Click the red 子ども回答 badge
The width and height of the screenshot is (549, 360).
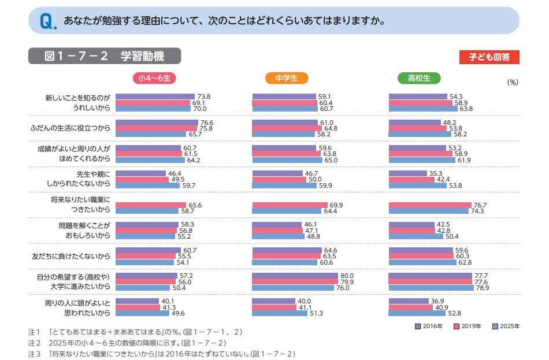tap(489, 57)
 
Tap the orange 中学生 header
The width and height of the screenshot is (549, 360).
tap(287, 78)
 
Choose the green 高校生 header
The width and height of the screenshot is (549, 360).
tap(420, 78)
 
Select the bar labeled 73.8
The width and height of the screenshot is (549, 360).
tap(155, 97)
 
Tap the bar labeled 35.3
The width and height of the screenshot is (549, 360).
tap(407, 173)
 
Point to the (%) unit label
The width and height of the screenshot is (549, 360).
tap(513, 82)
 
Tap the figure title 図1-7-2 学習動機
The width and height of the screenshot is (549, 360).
tap(105, 56)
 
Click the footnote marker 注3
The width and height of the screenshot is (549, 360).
tap(34, 353)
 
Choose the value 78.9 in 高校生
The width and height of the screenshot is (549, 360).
tap(481, 288)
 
